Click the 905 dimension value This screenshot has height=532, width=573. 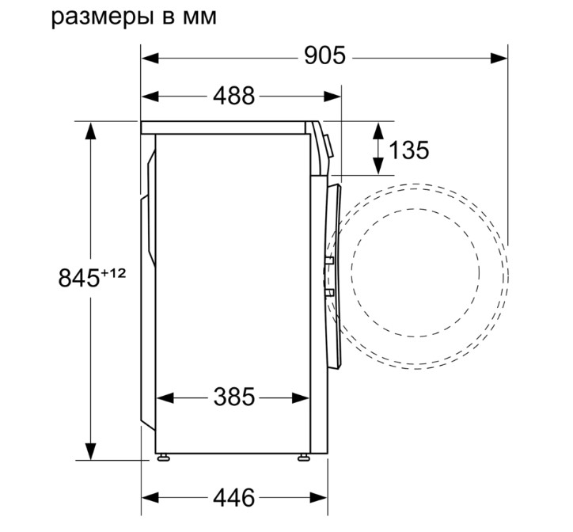[x=324, y=56]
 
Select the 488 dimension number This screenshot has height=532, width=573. [x=234, y=96]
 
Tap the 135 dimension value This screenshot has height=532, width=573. [x=409, y=150]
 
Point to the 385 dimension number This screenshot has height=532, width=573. [x=234, y=397]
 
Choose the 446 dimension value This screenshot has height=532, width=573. [x=234, y=497]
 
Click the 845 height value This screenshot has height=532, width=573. [x=79, y=278]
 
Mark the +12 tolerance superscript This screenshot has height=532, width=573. [x=113, y=273]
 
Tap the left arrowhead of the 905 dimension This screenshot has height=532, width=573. [x=150, y=58]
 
